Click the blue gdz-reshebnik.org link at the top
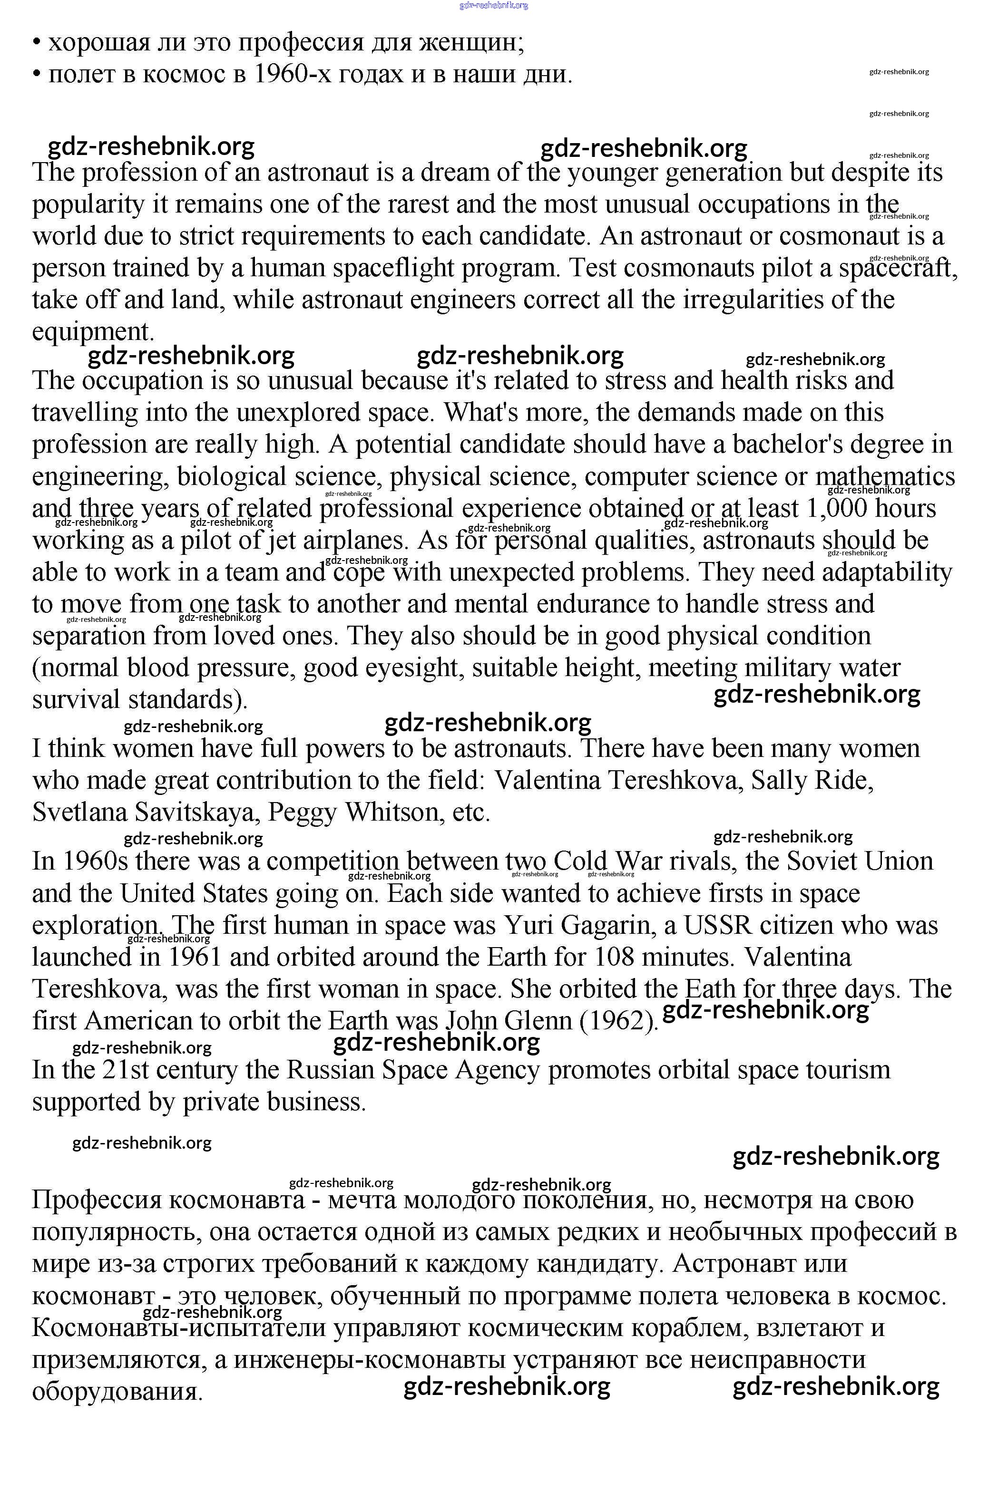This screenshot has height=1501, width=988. [x=494, y=5]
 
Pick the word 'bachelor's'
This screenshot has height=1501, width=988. [x=787, y=445]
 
